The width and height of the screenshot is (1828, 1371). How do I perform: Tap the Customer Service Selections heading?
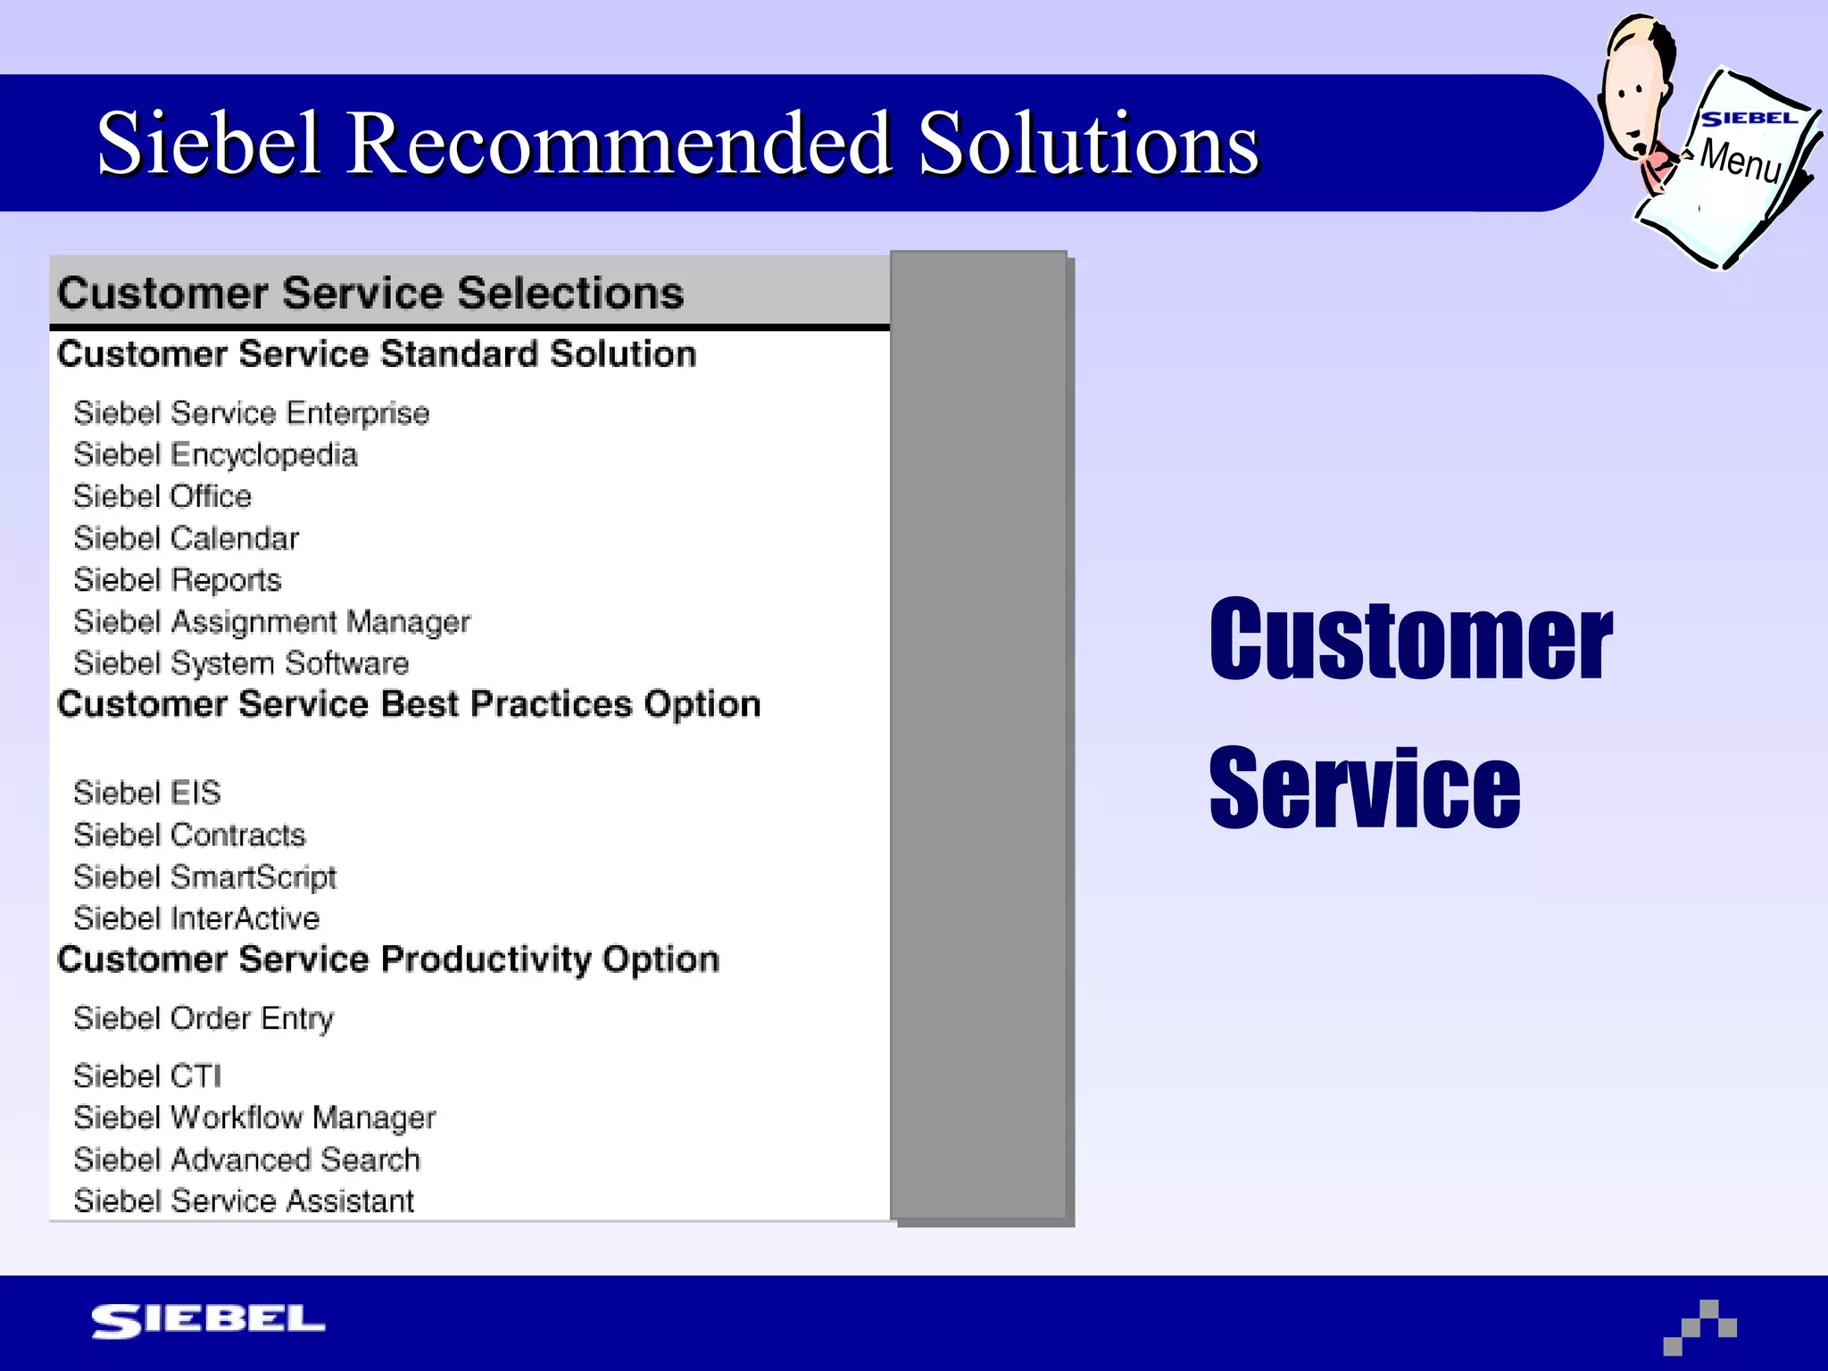[370, 294]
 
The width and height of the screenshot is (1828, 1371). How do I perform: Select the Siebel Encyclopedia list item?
[215, 455]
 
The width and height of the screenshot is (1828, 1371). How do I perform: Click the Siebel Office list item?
[162, 496]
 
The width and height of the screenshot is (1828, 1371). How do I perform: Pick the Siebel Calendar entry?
[186, 538]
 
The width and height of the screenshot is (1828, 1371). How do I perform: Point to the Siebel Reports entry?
[177, 580]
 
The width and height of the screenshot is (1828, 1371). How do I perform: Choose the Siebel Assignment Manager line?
[271, 622]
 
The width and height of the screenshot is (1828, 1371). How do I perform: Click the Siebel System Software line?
[241, 663]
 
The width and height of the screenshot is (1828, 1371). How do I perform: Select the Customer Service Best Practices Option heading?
[409, 704]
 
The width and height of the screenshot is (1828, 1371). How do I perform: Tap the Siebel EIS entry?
[147, 793]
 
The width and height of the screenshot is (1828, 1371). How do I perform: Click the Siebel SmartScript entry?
[204, 877]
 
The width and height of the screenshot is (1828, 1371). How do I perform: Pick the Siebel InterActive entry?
[196, 918]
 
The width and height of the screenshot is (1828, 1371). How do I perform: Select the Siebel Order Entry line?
[204, 1018]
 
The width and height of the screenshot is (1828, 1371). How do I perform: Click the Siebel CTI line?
[147, 1076]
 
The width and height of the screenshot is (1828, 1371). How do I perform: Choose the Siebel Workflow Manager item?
[254, 1118]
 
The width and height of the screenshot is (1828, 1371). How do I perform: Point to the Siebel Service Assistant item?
[244, 1201]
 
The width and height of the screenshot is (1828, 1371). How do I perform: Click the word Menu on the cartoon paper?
[1740, 161]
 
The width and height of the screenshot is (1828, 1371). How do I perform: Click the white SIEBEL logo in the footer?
[208, 1320]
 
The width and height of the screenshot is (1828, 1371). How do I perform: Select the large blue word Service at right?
[1364, 789]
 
